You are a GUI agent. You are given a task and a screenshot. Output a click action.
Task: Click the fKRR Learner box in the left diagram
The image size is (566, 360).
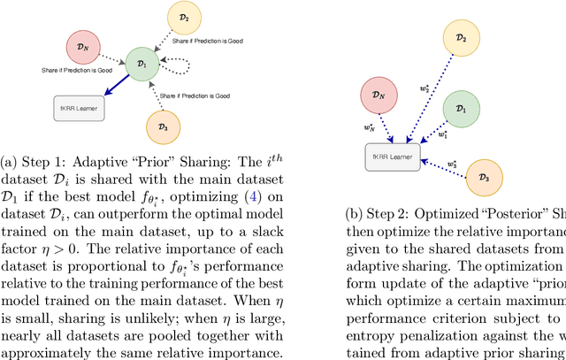(79, 109)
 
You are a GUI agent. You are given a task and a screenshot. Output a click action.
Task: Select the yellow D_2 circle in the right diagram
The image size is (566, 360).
(460, 37)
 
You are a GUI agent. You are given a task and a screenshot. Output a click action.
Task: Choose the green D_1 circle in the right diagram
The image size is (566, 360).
(458, 108)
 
